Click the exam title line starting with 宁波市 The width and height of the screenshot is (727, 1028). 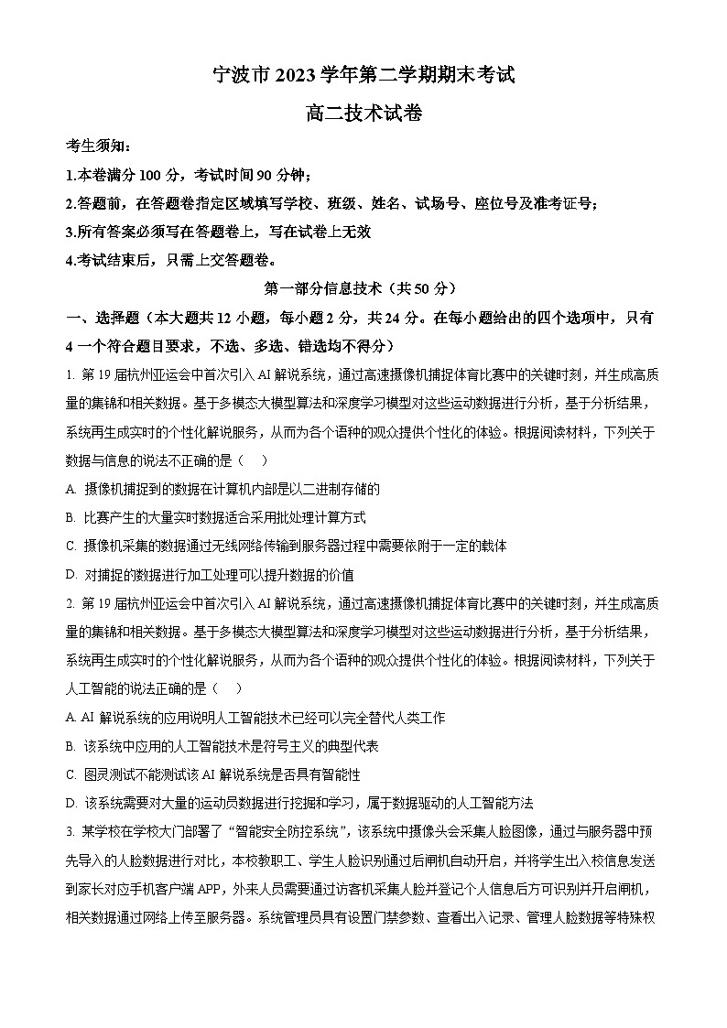point(363,76)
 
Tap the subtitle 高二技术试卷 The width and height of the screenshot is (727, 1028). point(363,114)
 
